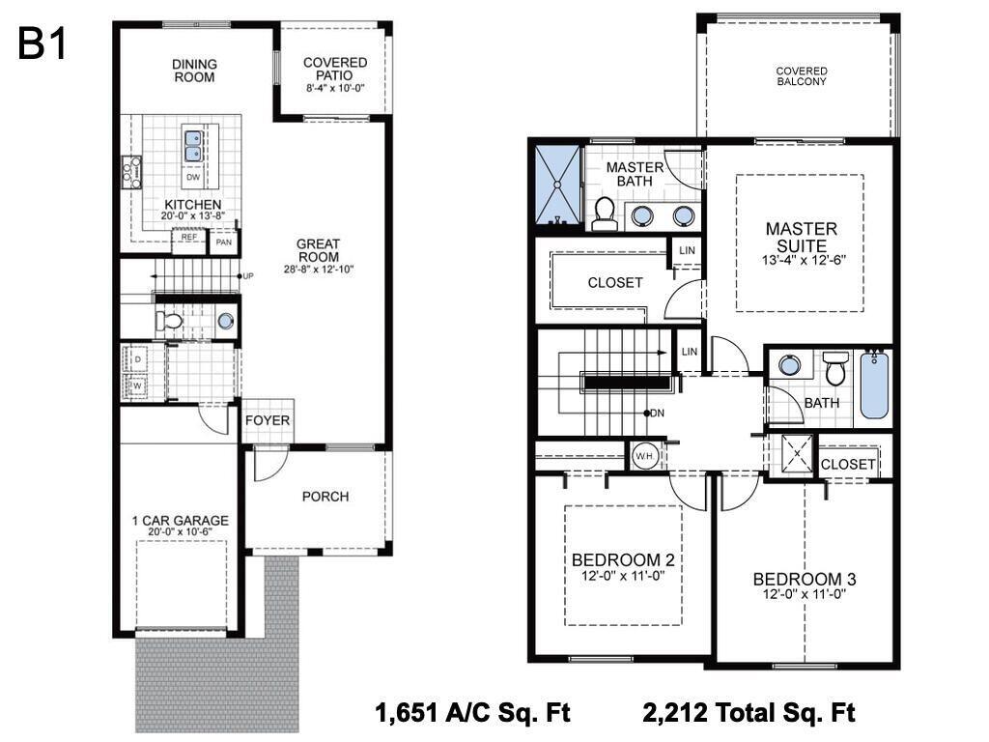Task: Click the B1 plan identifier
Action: (42, 43)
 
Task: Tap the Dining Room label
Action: (194, 71)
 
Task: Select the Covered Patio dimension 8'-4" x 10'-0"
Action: (335, 88)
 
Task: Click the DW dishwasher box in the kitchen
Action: (193, 178)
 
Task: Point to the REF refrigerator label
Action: (189, 238)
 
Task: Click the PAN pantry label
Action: (223, 242)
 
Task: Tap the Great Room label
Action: (319, 250)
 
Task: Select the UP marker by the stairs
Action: (248, 275)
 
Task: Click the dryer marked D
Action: (137, 359)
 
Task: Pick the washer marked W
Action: (137, 385)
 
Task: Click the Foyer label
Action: (268, 420)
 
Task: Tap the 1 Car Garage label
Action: (180, 521)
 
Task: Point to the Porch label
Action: (325, 497)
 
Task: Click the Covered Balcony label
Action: (802, 76)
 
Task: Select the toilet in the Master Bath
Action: (605, 214)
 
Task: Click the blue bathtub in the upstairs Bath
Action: (874, 385)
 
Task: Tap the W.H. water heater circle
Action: (644, 456)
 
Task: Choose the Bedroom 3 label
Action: (805, 580)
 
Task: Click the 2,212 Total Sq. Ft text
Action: (749, 713)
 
